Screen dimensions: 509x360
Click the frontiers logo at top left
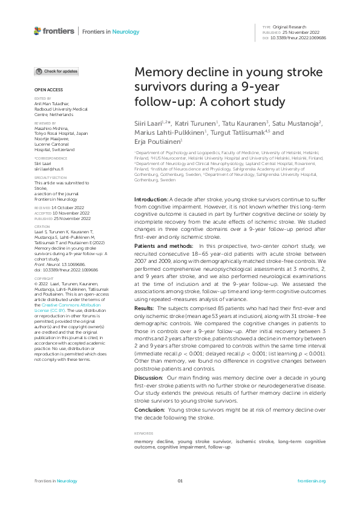pos(54,31)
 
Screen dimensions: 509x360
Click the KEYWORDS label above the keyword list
pos(143,433)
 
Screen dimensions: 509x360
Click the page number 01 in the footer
pos(180,481)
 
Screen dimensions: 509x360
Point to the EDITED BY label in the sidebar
pos(42,98)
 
